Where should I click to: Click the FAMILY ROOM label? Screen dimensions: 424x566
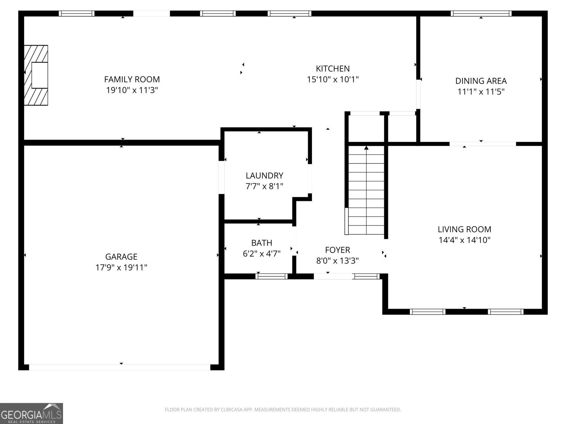point(132,79)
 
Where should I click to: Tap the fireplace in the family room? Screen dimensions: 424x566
point(36,75)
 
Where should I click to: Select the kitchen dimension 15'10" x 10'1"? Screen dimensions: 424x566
point(333,79)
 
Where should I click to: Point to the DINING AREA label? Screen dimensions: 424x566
point(481,81)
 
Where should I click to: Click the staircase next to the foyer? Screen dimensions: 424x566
point(366,191)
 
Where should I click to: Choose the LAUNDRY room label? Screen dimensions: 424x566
point(264,175)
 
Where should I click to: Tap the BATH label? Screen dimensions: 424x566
point(261,243)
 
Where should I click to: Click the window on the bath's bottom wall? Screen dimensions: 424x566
point(272,276)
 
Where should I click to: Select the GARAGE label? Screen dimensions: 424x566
point(121,257)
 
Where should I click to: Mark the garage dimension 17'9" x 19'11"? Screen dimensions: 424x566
point(121,267)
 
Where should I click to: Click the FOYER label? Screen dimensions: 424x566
point(337,250)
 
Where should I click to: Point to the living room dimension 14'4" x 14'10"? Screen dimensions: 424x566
point(464,240)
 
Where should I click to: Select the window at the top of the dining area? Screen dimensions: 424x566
point(481,13)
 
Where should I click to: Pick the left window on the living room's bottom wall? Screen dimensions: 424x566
point(427,312)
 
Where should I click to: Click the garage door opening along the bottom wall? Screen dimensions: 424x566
point(120,367)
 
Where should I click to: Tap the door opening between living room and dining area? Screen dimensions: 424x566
point(483,144)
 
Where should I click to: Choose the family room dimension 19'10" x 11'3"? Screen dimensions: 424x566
point(132,90)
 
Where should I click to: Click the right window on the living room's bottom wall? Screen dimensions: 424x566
point(505,312)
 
